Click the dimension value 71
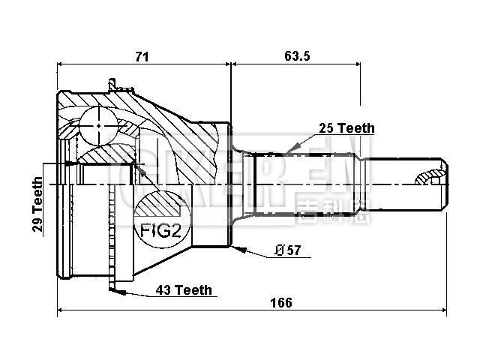[142, 56]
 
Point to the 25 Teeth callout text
[346, 128]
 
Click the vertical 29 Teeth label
[37, 205]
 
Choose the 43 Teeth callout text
[184, 289]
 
